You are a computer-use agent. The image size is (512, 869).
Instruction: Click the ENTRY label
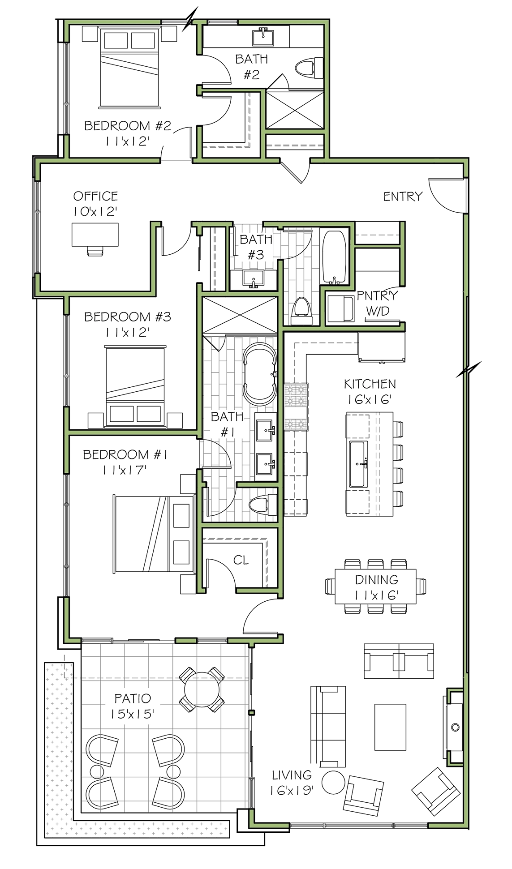(403, 196)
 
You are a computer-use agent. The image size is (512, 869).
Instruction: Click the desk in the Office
(96, 234)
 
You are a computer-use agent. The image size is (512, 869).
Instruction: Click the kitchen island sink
(358, 463)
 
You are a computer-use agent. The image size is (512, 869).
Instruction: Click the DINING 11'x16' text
(376, 587)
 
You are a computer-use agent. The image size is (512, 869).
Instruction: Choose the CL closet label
(241, 560)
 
